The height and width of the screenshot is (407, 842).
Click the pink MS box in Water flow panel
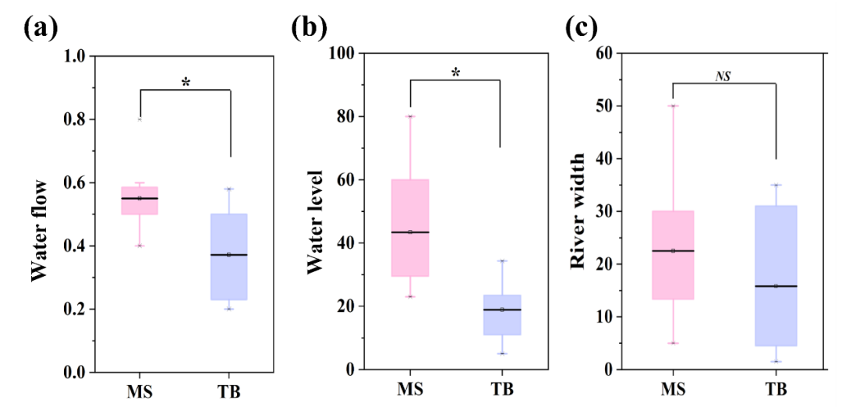click(140, 200)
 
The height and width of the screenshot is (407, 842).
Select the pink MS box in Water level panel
click(409, 228)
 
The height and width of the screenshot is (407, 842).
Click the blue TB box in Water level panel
click(501, 315)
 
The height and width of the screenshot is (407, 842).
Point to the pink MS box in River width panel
click(673, 255)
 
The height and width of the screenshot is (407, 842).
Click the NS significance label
click(723, 76)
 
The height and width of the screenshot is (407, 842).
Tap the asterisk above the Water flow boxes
click(186, 82)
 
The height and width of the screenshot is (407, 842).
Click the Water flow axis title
click(40, 230)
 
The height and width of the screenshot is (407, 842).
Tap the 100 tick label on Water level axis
click(343, 53)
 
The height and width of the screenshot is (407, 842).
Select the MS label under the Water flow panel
click(140, 391)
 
